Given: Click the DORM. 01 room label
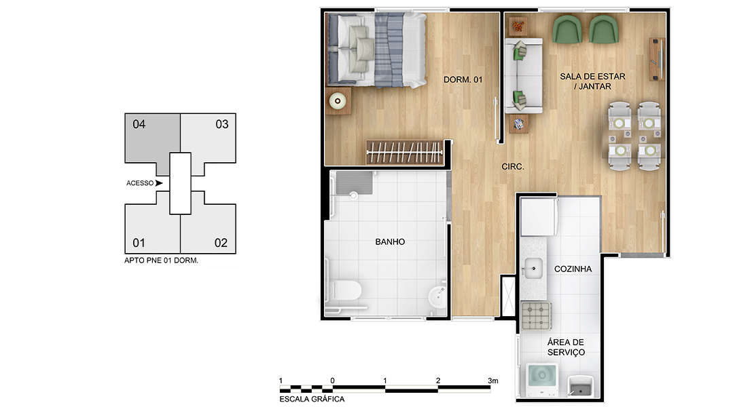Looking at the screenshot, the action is click(463, 79).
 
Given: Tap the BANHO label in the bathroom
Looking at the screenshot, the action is click(390, 242).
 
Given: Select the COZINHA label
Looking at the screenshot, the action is click(573, 269).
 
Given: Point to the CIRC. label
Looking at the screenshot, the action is click(513, 167).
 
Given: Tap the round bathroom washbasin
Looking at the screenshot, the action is click(437, 296).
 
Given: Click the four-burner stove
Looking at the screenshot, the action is click(536, 316).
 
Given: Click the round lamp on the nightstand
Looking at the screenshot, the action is click(338, 101).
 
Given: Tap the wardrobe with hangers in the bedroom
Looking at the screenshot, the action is click(405, 153).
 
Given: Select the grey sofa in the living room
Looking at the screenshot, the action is click(524, 76).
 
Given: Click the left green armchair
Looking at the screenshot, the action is click(567, 29).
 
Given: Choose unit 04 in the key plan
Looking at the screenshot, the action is click(152, 139).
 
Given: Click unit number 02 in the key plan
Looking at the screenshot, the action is click(221, 243).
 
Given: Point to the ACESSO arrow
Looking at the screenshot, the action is click(159, 183).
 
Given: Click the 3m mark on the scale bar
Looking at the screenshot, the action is click(493, 381).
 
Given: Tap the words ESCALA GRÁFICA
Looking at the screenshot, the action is click(312, 399).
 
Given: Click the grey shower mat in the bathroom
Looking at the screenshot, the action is click(355, 183).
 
